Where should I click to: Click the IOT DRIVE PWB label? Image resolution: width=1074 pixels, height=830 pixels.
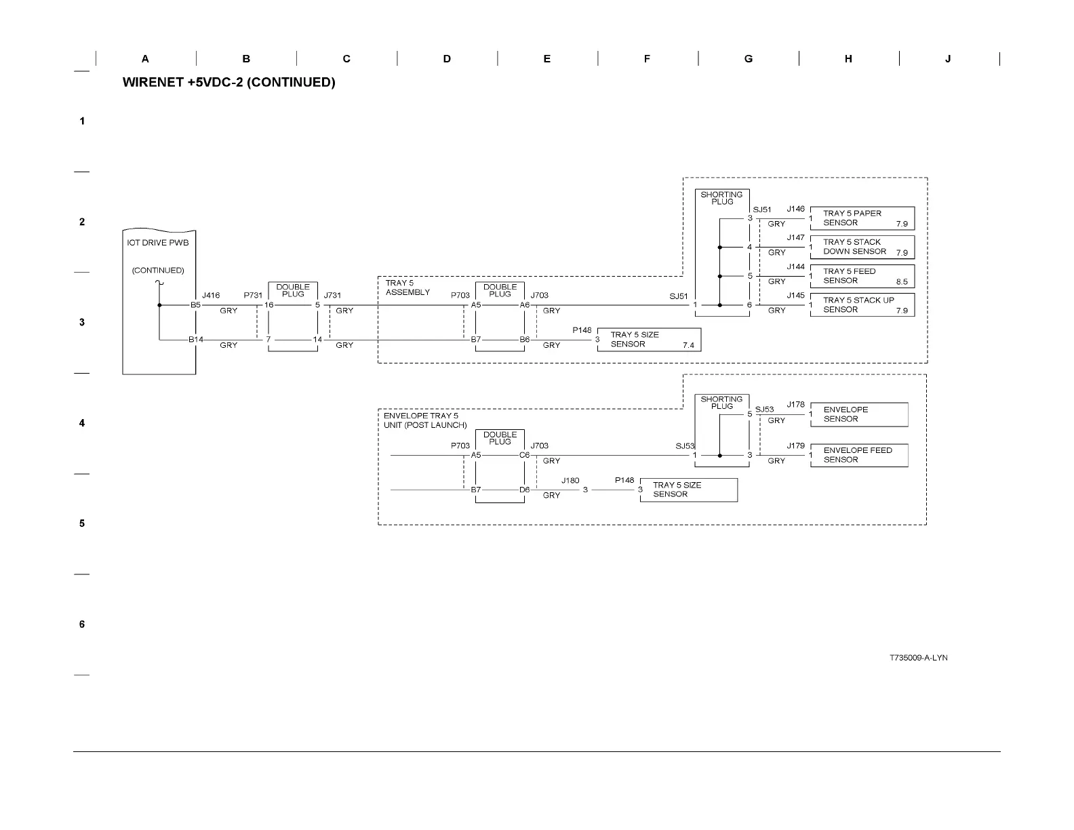[x=158, y=243]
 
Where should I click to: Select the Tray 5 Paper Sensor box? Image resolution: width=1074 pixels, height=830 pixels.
[x=862, y=218]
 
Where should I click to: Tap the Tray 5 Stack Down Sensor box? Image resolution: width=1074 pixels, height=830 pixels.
[x=862, y=247]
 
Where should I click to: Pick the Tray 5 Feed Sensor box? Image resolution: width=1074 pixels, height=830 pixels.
[x=862, y=276]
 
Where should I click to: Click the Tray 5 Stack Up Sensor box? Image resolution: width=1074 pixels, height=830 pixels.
[x=862, y=305]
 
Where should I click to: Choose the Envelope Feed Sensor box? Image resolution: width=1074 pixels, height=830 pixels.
[x=858, y=455]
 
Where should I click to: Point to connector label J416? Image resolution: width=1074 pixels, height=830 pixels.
[x=211, y=296]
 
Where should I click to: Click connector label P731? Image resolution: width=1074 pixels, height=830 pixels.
[x=253, y=296]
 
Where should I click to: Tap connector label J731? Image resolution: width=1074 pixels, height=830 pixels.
[x=332, y=296]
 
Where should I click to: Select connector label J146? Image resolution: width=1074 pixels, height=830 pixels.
[x=795, y=210]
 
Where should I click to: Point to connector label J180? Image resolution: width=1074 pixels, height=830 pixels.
[x=570, y=481]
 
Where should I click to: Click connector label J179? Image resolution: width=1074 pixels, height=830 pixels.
[x=795, y=446]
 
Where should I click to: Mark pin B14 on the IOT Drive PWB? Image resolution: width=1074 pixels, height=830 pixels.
[x=196, y=340]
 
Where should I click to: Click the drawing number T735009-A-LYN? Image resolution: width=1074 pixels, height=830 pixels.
[x=919, y=658]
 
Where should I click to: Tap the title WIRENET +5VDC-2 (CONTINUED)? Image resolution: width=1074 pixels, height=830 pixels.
[x=229, y=83]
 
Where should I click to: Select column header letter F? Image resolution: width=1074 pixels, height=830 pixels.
[x=647, y=59]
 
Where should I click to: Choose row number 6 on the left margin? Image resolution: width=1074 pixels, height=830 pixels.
[x=82, y=625]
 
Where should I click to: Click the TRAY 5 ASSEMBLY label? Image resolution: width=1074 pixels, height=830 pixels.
[x=407, y=288]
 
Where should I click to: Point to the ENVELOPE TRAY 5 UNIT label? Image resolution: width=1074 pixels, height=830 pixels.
[x=425, y=420]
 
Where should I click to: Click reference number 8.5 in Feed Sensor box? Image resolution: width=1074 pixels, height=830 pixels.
[x=901, y=282]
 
